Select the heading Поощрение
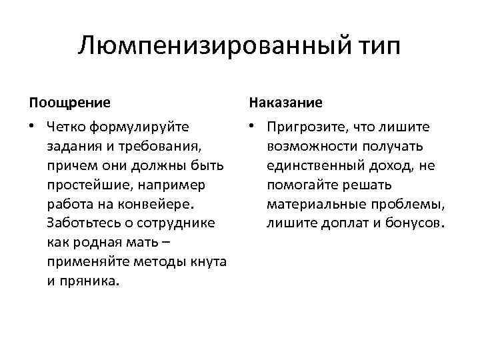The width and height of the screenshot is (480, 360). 69,103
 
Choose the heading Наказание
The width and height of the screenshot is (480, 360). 285,103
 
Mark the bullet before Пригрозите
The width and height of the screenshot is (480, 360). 252,126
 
